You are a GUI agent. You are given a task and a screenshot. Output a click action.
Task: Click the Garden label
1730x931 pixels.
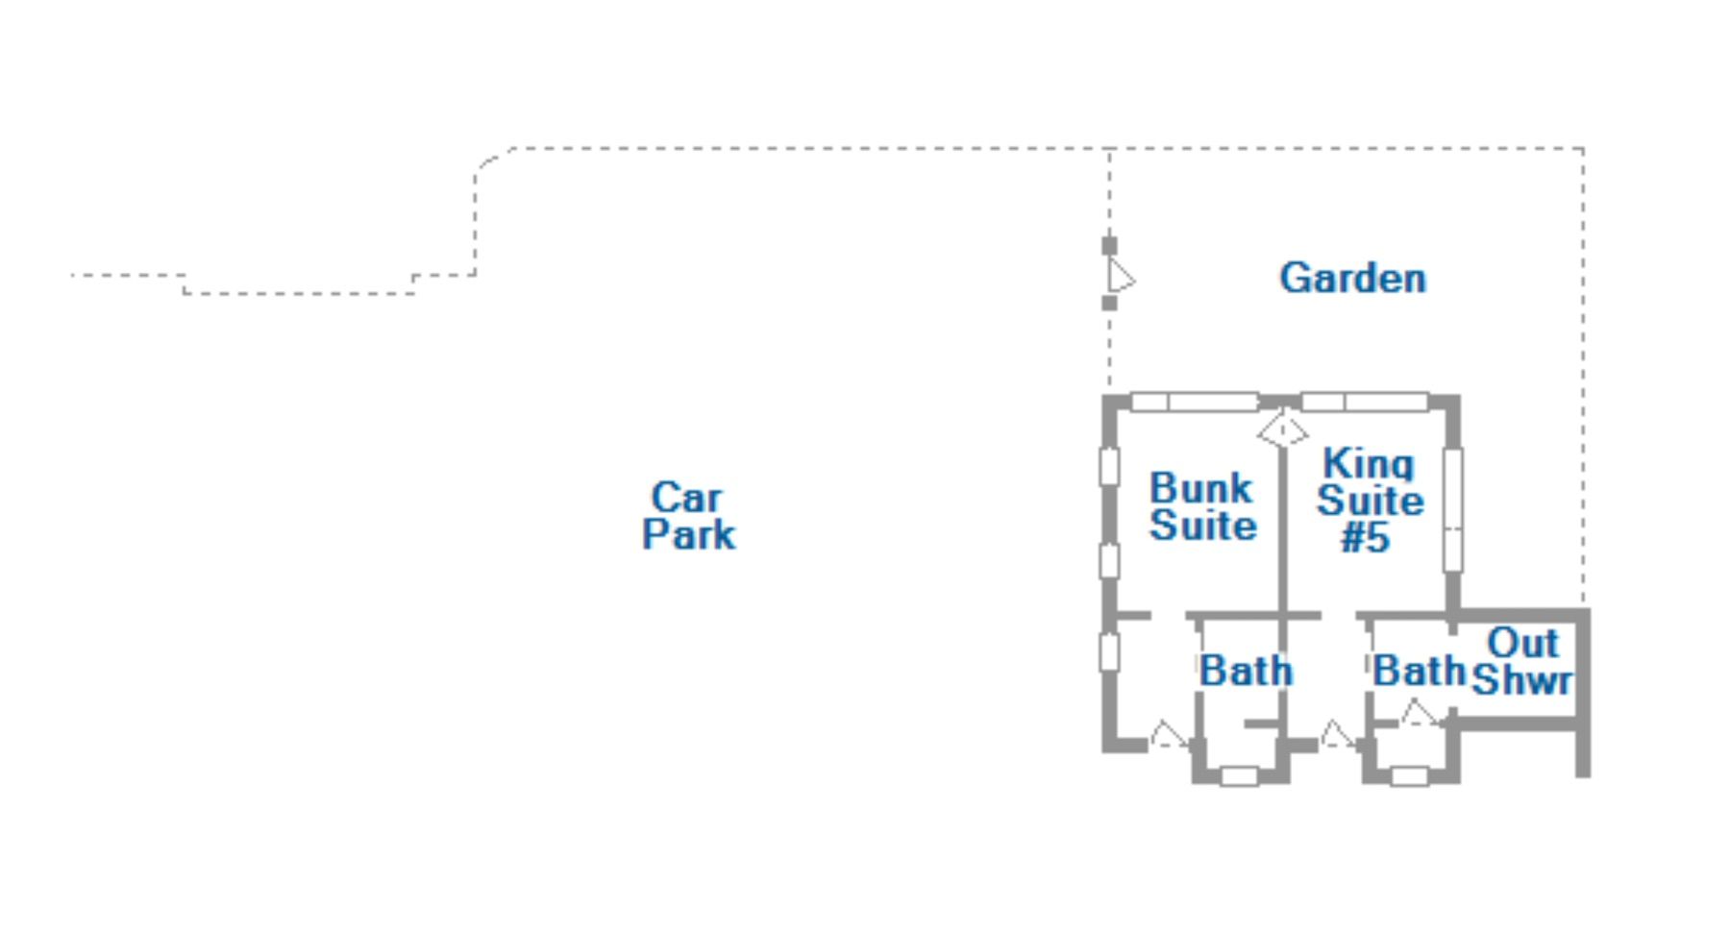pyautogui.click(x=1352, y=279)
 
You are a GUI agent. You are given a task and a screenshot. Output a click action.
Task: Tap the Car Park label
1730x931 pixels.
pyautogui.click(x=689, y=516)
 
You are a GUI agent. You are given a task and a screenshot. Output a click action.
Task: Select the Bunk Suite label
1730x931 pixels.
pyautogui.click(x=1202, y=506)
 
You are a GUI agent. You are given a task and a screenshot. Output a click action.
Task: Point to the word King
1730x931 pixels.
pyautogui.click(x=1369, y=463)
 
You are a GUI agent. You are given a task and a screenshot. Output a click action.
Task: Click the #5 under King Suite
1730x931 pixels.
pyautogui.click(x=1366, y=538)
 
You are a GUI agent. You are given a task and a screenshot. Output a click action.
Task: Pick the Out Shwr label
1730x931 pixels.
pyautogui.click(x=1522, y=661)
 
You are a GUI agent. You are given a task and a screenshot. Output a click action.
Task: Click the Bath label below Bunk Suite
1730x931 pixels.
pyautogui.click(x=1246, y=671)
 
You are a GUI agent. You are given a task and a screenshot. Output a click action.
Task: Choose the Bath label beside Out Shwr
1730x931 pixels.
pyautogui.click(x=1419, y=671)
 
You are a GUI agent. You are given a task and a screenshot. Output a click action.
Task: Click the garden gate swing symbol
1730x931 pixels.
pyautogui.click(x=1121, y=276)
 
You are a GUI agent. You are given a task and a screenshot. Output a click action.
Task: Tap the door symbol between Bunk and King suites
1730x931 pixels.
pyautogui.click(x=1283, y=429)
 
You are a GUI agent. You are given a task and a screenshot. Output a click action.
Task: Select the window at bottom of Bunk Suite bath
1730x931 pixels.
pyautogui.click(x=1239, y=775)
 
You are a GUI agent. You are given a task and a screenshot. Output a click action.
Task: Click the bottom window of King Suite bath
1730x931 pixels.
pyautogui.click(x=1409, y=775)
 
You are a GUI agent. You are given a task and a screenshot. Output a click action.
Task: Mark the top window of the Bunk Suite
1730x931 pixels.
pyautogui.click(x=1195, y=402)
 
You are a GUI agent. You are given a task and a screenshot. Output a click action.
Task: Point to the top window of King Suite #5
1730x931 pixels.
pyautogui.click(x=1364, y=402)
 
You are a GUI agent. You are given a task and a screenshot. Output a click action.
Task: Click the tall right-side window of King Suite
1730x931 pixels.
pyautogui.click(x=1453, y=510)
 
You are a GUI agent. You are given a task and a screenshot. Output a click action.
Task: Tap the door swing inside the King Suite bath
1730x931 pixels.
pyautogui.click(x=1419, y=713)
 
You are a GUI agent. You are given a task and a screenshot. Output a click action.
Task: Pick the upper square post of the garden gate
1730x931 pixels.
pyautogui.click(x=1109, y=246)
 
